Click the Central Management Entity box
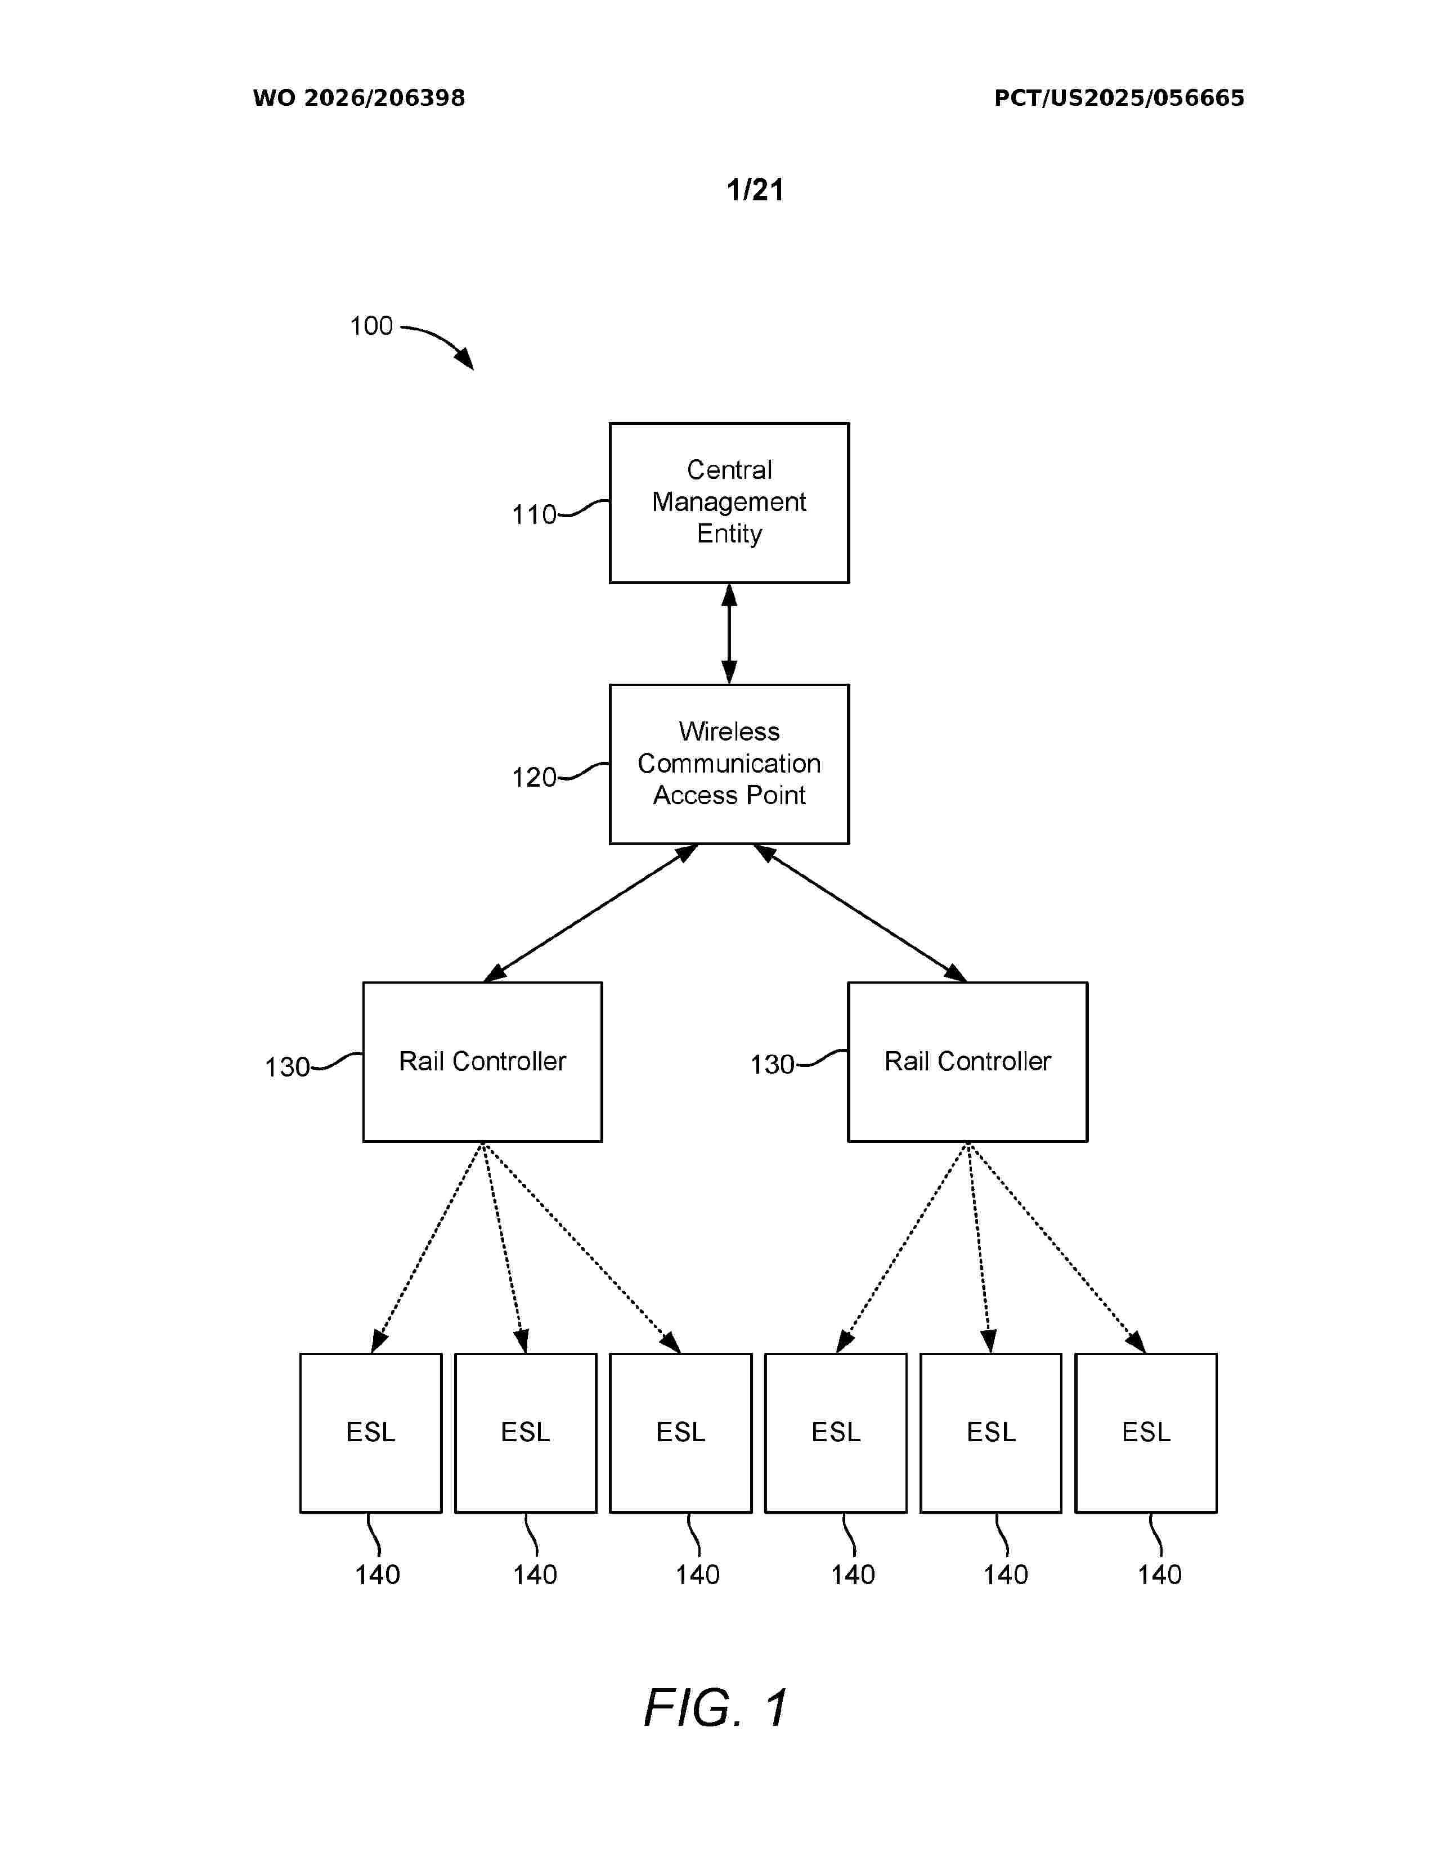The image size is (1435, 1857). coord(729,503)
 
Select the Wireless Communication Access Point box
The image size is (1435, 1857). coord(729,764)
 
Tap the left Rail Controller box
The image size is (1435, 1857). coord(482,1061)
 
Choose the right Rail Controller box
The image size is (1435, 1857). coord(967,1061)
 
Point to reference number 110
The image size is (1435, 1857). coord(534,514)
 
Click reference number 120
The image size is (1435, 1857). coord(534,777)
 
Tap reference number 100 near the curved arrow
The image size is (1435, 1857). coord(371,326)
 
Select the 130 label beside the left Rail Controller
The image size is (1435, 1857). coord(288,1067)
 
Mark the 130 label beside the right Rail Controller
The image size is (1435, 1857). coord(772,1065)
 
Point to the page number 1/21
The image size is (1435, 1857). coord(755,190)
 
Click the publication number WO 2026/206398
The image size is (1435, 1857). coord(359,98)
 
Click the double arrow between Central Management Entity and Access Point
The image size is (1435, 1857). coord(729,634)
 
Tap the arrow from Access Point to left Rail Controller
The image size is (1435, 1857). coord(591,913)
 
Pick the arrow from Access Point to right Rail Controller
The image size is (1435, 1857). coord(860,913)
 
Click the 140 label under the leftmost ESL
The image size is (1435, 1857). coord(378,1575)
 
